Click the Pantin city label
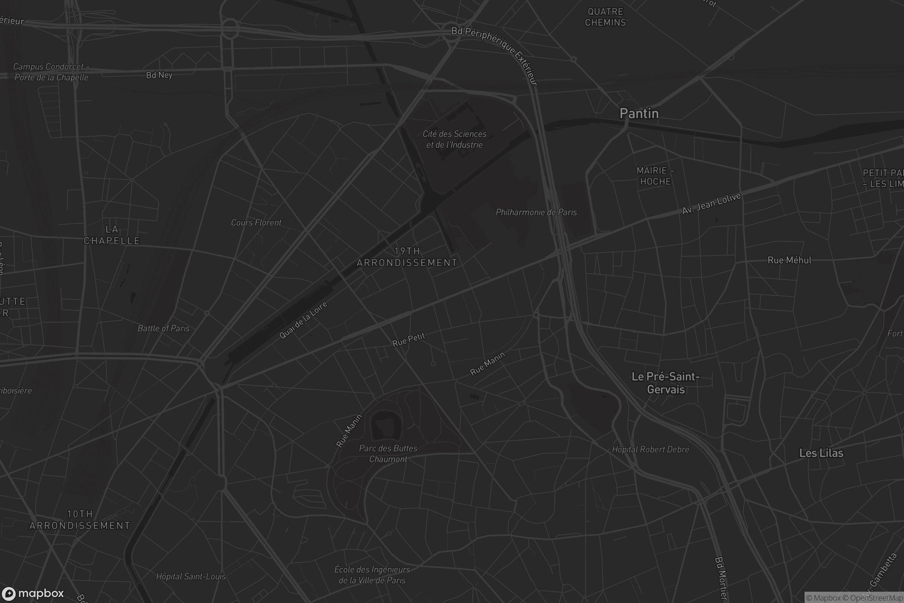click(x=639, y=113)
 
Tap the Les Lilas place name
click(x=821, y=453)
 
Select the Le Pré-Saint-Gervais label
click(x=666, y=383)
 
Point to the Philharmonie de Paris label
click(x=536, y=212)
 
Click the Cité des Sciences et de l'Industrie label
click(x=454, y=139)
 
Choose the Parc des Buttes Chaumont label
click(x=388, y=453)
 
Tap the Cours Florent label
click(x=256, y=223)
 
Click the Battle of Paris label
click(x=163, y=328)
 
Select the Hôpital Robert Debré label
click(x=651, y=449)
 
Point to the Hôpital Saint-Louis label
click(x=191, y=577)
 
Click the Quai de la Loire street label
click(x=303, y=320)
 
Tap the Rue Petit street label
click(x=408, y=339)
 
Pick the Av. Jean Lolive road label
click(x=711, y=204)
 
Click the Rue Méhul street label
click(x=789, y=260)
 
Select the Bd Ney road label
click(x=159, y=75)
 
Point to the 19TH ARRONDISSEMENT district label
click(x=407, y=257)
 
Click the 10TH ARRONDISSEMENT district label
click(x=80, y=520)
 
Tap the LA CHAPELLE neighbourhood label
click(x=112, y=235)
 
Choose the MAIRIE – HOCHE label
click(x=655, y=176)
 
